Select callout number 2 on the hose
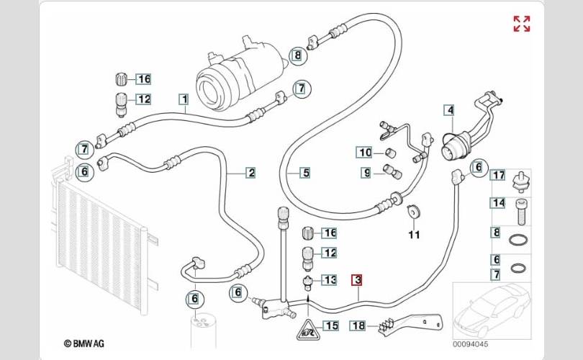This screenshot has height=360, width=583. [x=250, y=172]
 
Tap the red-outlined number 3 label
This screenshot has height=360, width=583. [x=357, y=280]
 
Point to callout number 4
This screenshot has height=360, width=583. [x=449, y=111]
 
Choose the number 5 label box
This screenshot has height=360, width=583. [x=305, y=173]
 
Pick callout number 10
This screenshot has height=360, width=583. [x=366, y=152]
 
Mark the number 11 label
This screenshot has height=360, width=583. [x=413, y=234]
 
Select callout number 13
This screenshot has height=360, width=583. [x=330, y=279]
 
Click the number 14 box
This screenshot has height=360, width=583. [x=498, y=204]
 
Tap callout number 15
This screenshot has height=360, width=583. [x=330, y=325]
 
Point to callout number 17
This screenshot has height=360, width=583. [x=498, y=175]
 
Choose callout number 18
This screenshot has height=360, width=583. [x=358, y=325]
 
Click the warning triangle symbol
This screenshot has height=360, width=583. [x=307, y=330]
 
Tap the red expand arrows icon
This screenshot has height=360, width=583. [x=521, y=23]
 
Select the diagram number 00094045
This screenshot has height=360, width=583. [x=471, y=345]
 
